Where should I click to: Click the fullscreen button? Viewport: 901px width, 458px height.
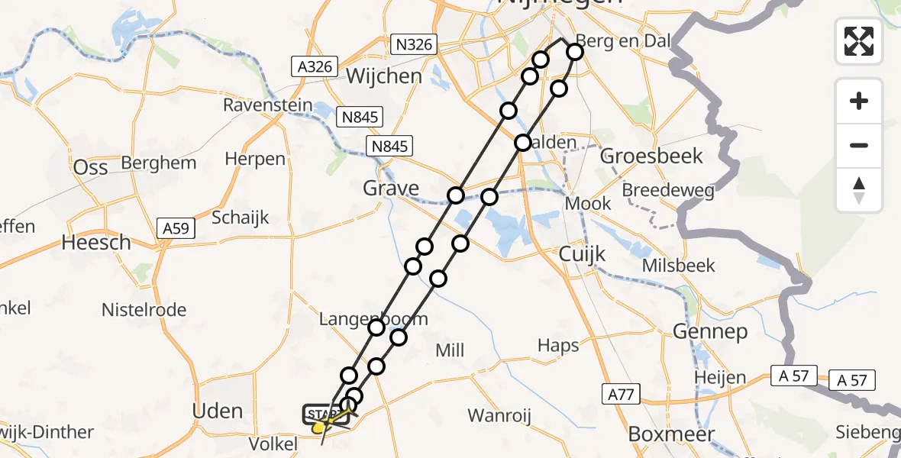pos(859,41)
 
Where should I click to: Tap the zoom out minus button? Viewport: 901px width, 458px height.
pos(859,146)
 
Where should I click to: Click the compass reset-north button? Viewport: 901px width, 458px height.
pos(859,190)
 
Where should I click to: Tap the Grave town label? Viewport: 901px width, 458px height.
pos(392,188)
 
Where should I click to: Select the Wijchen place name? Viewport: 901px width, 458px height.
pos(384,76)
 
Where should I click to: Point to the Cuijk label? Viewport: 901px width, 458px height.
pos(583,253)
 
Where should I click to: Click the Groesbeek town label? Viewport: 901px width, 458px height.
pos(651,156)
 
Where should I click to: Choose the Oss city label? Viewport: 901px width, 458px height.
pos(90,167)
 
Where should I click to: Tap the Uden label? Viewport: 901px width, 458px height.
pos(218,411)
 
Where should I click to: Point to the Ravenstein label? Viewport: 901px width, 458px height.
pos(268,105)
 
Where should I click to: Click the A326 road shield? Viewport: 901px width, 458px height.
pos(315,66)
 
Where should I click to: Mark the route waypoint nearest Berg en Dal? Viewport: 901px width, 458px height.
pos(574,52)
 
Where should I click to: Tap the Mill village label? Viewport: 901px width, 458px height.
pos(449,350)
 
